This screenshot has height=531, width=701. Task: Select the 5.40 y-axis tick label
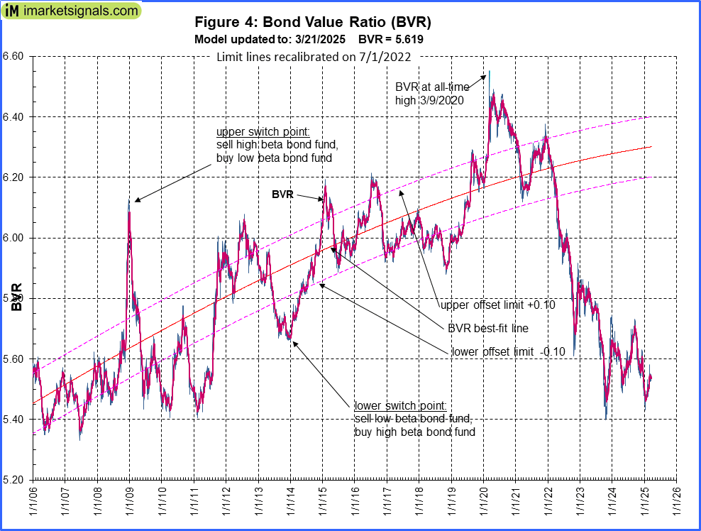point(14,420)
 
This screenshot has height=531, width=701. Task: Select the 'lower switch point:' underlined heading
point(400,406)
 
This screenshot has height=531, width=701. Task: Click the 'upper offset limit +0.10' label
point(497,305)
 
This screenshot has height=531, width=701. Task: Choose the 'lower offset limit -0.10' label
point(508,351)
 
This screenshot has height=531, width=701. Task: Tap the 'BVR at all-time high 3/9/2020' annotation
point(429,93)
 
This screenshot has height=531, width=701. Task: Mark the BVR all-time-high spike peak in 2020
point(489,72)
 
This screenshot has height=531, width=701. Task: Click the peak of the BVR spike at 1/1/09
point(129,201)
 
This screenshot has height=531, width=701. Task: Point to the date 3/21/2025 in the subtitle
point(315,40)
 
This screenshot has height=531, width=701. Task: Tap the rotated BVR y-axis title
point(16,297)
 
